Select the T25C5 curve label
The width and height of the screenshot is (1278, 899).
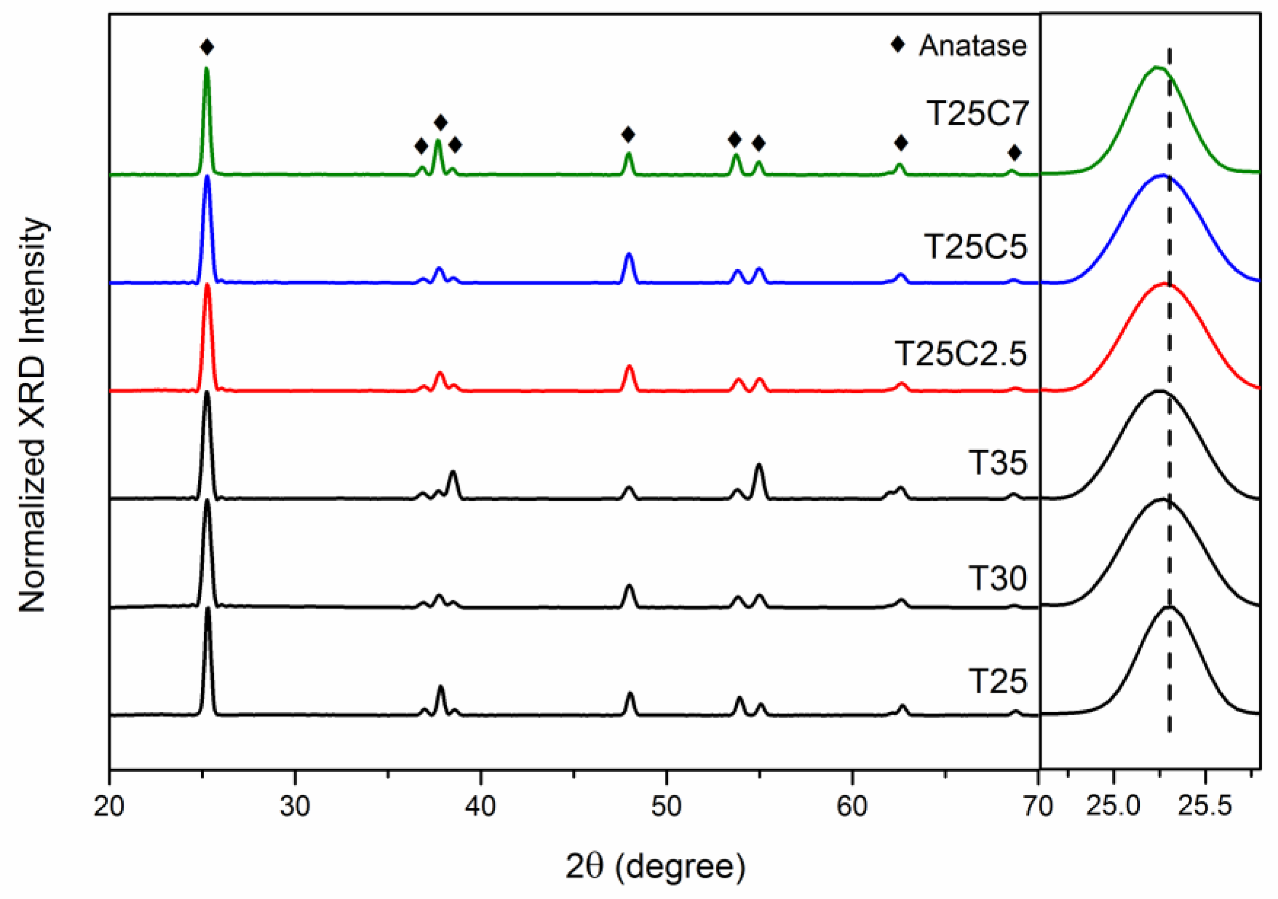(x=975, y=246)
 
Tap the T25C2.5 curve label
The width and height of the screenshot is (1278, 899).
(x=961, y=354)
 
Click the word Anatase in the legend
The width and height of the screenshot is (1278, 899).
(x=972, y=46)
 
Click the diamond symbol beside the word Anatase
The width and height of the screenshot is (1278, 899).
(x=897, y=44)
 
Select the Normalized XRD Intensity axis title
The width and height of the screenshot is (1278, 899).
(x=32, y=415)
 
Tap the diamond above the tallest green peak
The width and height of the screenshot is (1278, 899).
(x=207, y=48)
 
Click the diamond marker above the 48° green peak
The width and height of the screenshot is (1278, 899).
(x=628, y=135)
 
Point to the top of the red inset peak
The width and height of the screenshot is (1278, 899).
(x=1164, y=284)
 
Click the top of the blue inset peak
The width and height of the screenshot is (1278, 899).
(x=1162, y=176)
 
